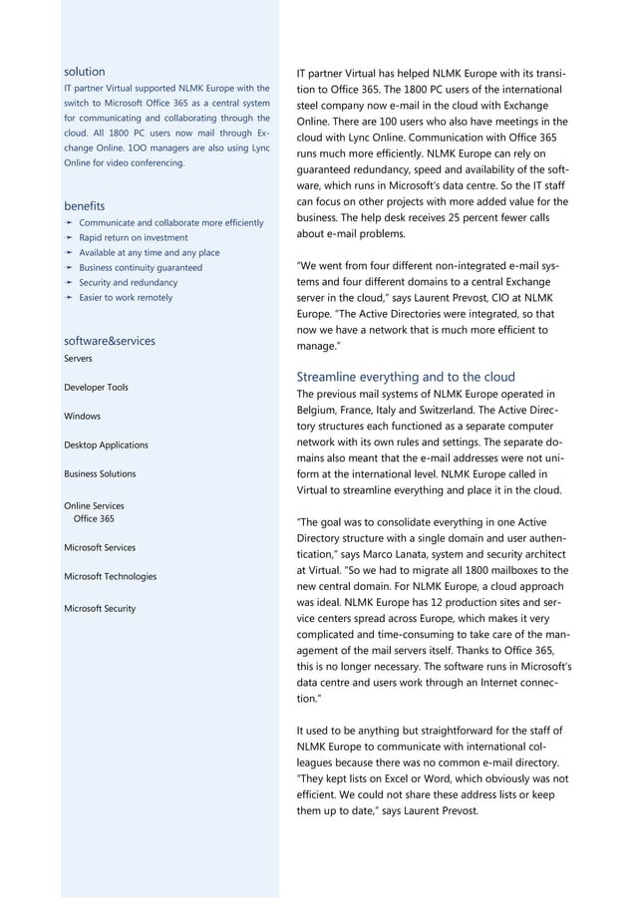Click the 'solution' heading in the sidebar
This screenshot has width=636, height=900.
pos(84,72)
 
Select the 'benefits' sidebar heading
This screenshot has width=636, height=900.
pos(85,205)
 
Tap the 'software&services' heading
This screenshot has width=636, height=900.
pos(109,340)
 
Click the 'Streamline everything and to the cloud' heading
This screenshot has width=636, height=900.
pos(406,377)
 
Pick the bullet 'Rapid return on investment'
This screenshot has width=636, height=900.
pos(133,238)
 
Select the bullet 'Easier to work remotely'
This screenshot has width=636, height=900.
pos(126,297)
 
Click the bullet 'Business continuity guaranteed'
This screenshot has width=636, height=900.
pos(140,267)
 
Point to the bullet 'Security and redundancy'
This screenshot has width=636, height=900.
pos(127,282)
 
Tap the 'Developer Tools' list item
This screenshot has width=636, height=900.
pos(96,387)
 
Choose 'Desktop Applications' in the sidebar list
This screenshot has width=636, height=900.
pos(106,445)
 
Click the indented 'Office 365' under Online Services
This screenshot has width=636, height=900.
pos(94,519)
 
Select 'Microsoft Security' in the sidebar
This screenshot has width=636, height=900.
pos(100,608)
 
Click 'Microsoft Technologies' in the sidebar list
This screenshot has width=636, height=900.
pos(110,576)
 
